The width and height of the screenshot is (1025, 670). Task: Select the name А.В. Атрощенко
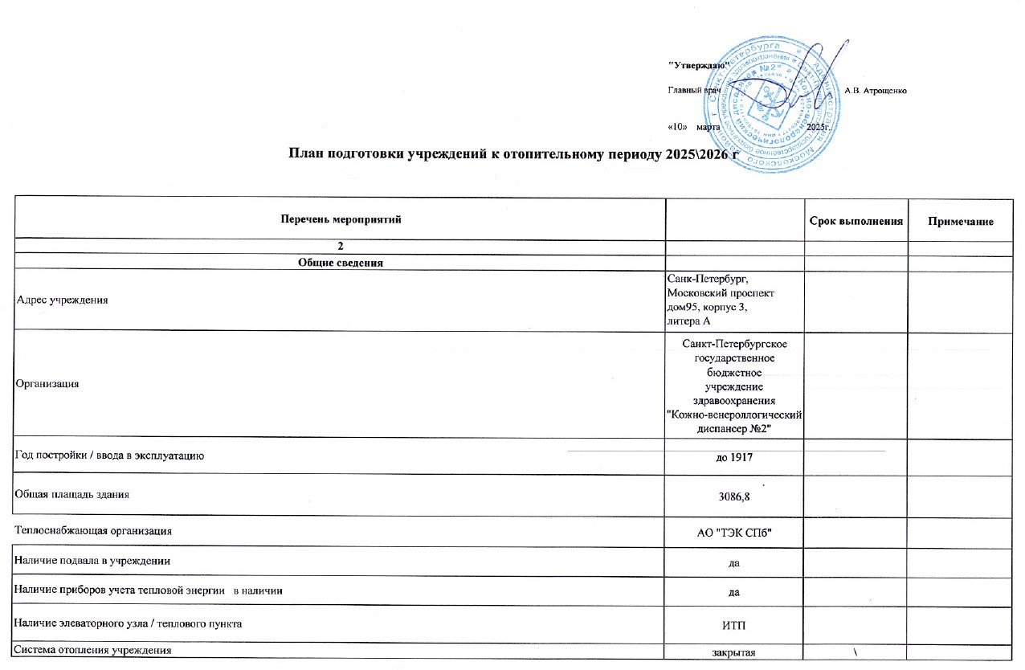point(876,91)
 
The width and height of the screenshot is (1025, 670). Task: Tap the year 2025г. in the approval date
point(819,128)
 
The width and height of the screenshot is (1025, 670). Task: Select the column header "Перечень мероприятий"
point(340,219)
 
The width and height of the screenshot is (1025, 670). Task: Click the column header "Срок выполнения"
point(856,220)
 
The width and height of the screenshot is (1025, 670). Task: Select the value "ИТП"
point(733,624)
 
